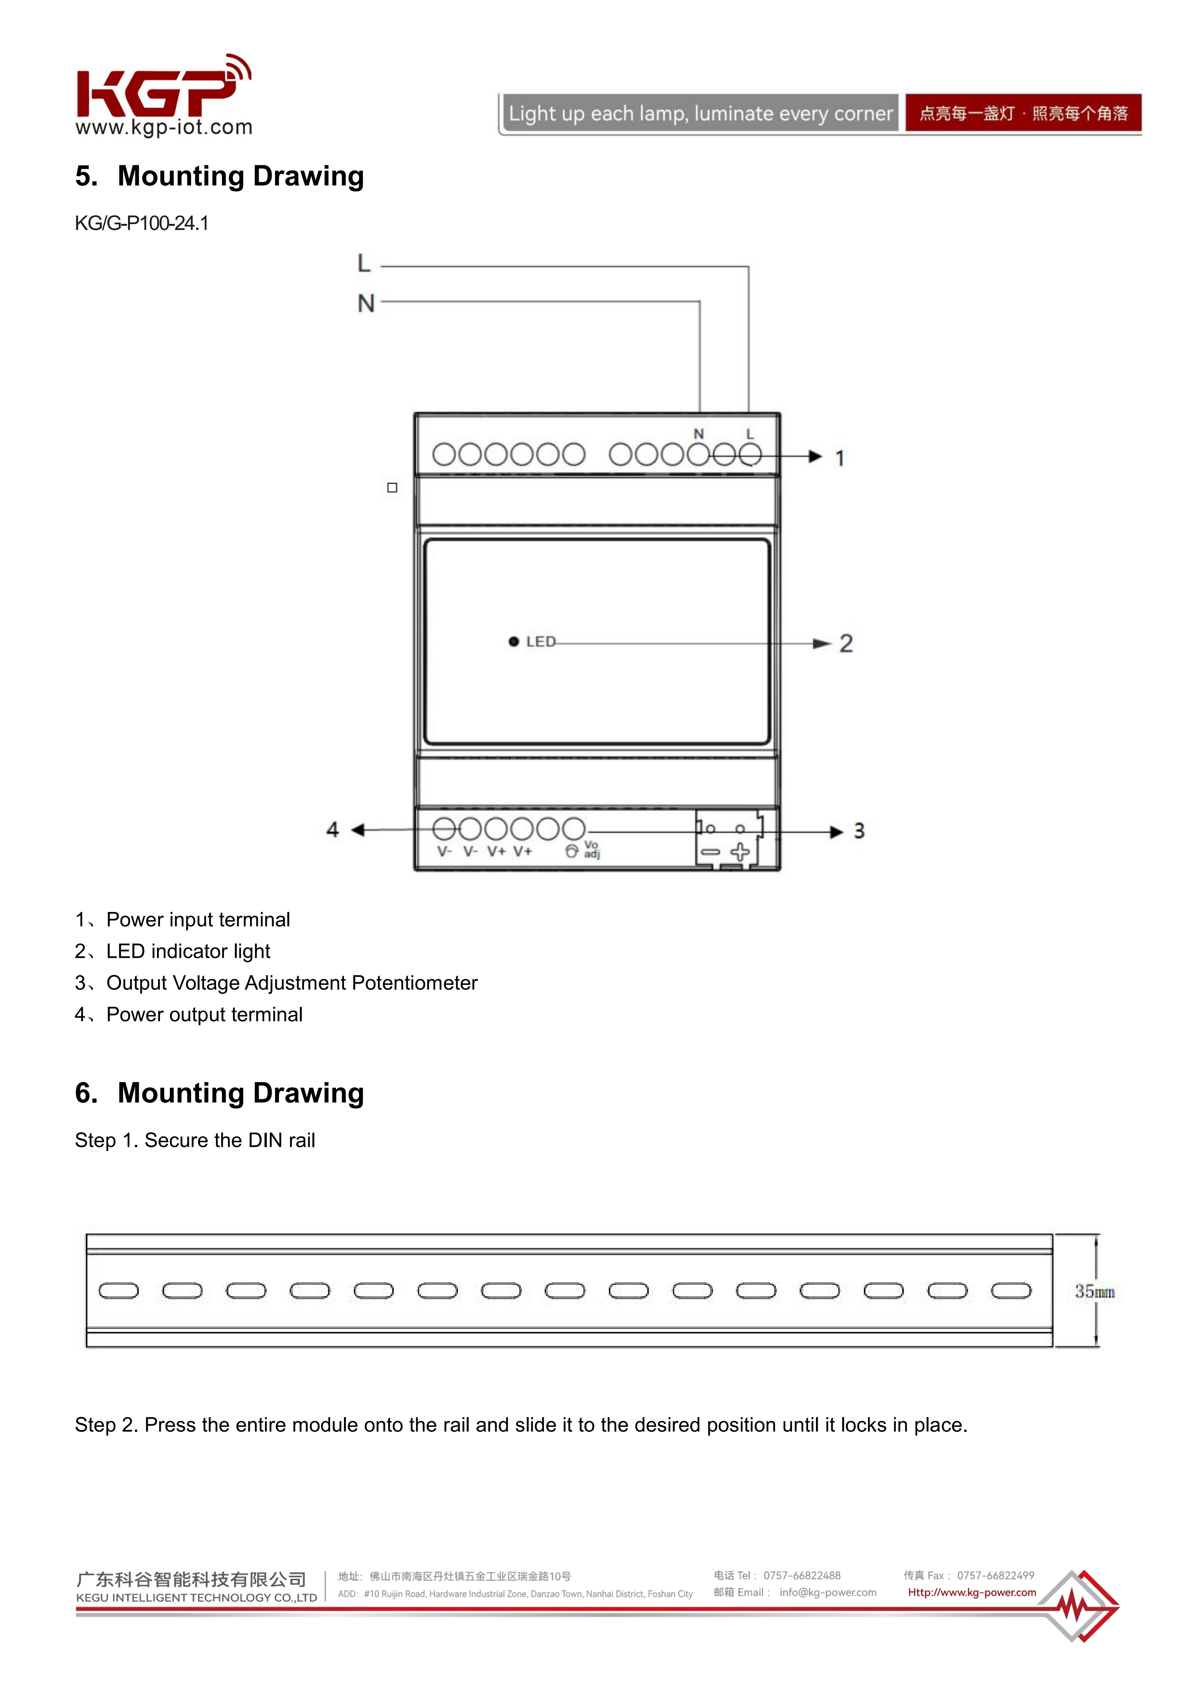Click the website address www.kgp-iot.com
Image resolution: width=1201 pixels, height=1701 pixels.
pyautogui.click(x=164, y=127)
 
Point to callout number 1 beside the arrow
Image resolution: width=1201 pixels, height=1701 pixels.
pyautogui.click(x=840, y=458)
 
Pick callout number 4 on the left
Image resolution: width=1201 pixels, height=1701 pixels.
pyautogui.click(x=333, y=830)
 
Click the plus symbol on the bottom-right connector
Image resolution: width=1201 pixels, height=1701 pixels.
pyautogui.click(x=740, y=852)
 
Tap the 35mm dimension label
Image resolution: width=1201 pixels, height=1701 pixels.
pyautogui.click(x=1094, y=1292)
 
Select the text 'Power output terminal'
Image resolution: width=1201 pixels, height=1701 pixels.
pyautogui.click(x=204, y=1015)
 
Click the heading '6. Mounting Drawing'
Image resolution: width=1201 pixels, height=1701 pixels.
pyautogui.click(x=219, y=1094)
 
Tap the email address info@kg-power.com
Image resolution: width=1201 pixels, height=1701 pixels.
pyautogui.click(x=827, y=1592)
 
